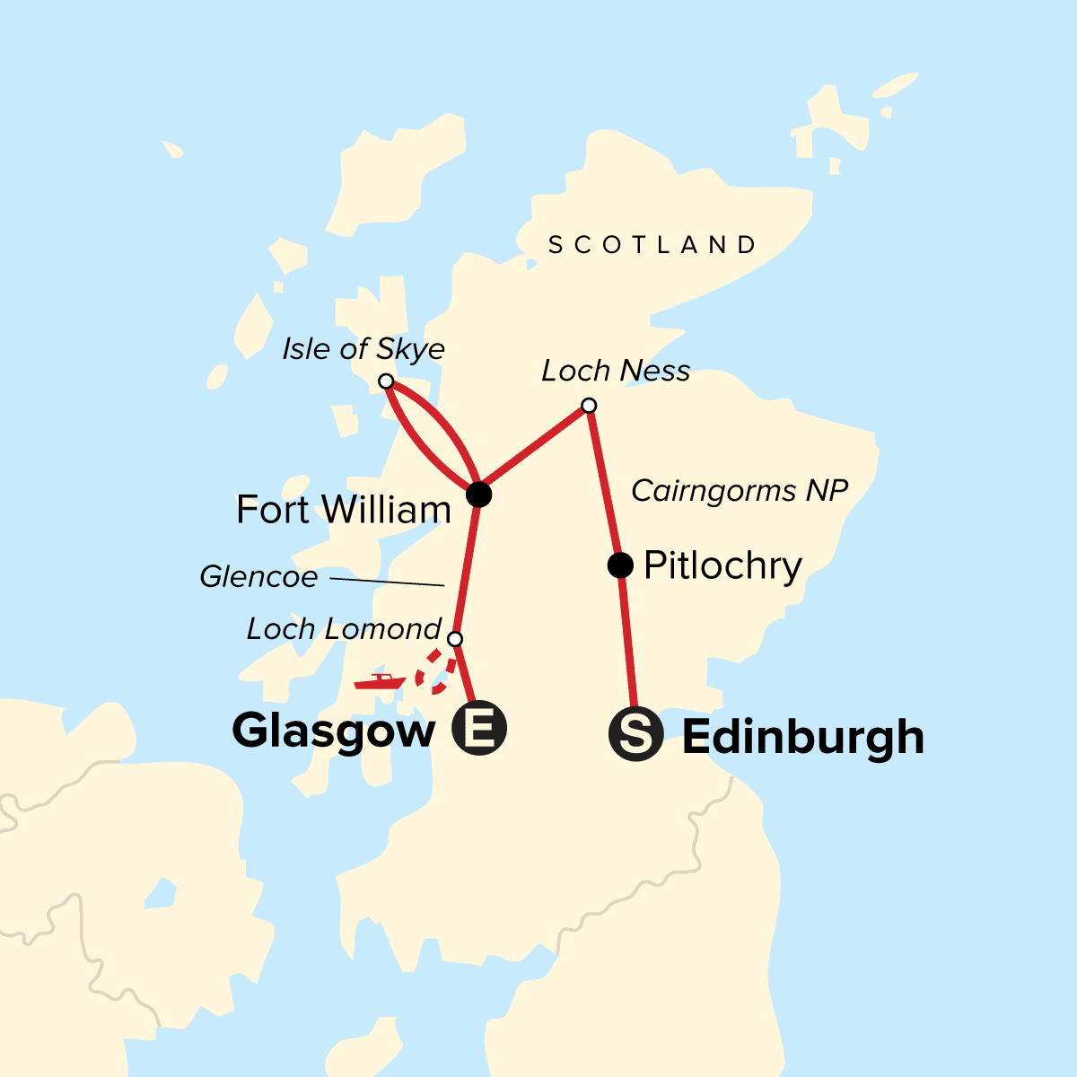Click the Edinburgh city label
[802, 738]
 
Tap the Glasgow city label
[334, 731]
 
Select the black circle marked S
[635, 735]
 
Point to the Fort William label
[343, 510]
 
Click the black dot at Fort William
[479, 494]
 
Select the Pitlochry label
[722, 566]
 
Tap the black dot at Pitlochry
[620, 565]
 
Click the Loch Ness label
[616, 371]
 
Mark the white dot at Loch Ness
[589, 406]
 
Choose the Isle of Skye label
[363, 349]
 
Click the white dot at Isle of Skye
[386, 381]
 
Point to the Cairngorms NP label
[740, 491]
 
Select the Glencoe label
[258, 576]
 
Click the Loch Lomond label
[344, 629]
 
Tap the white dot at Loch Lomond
[455, 639]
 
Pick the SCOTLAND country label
[652, 245]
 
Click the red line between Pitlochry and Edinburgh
[628, 642]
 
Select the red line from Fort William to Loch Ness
[534, 450]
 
